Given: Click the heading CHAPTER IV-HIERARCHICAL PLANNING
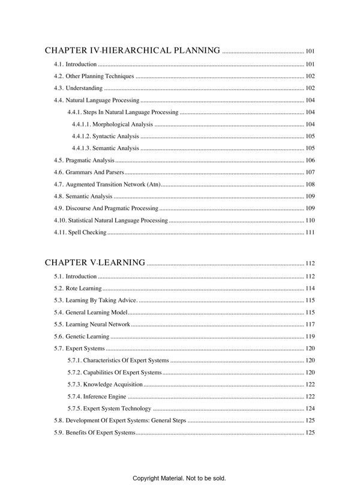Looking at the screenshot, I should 132,50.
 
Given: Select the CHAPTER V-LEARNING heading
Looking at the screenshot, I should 95,262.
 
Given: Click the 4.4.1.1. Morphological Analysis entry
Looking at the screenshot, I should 112,124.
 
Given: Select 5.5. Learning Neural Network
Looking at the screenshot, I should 92,324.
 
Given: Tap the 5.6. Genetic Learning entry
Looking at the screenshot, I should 82,337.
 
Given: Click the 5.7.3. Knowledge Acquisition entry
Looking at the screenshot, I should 105,385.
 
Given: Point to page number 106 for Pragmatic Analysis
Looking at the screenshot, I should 310,160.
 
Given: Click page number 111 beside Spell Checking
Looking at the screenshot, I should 310,232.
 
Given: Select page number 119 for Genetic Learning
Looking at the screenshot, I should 310,337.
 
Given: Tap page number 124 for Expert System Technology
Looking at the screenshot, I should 310,409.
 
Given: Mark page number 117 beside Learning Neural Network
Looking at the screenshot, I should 310,324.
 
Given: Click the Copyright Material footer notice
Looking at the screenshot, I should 179,478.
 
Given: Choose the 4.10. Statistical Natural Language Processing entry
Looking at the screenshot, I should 110,220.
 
